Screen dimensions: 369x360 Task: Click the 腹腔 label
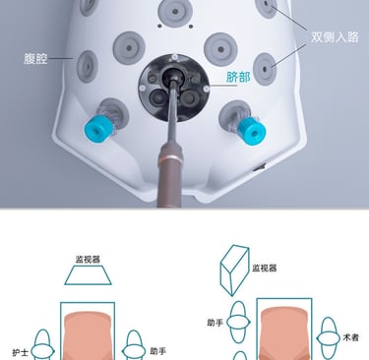35,59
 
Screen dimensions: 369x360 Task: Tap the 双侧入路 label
335,37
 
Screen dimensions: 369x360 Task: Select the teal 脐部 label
238,77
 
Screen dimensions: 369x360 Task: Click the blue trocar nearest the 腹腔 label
96,129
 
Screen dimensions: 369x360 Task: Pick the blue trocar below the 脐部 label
251,131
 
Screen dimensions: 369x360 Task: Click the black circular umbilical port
174,88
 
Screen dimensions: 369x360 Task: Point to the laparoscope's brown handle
170,176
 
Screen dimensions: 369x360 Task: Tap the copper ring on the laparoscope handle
170,159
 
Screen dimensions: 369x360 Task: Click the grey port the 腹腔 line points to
88,67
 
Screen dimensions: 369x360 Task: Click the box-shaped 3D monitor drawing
234,270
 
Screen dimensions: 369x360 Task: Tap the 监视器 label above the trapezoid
88,260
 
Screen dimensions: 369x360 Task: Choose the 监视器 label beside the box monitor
265,268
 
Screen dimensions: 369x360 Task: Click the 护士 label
21,352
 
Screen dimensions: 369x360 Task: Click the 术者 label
350,337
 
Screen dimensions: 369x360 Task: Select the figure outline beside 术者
329,338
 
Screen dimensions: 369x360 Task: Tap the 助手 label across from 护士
158,351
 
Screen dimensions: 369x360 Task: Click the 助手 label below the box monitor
215,323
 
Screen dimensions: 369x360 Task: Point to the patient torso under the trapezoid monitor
88,335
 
